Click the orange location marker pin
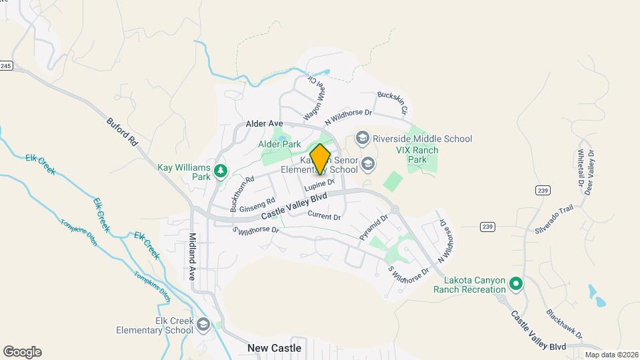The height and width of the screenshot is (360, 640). [320, 159]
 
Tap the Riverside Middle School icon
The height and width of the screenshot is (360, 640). [363, 138]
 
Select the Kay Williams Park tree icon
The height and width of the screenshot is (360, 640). [220, 173]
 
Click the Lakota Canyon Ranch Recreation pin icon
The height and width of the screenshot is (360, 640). [515, 285]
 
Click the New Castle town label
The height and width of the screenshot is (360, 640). [274, 348]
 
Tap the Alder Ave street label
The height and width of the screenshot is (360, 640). [265, 124]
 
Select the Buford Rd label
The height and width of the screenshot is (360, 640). [121, 133]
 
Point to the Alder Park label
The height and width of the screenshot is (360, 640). [279, 143]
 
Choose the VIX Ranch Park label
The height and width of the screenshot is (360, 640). [417, 155]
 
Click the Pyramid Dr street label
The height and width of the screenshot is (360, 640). [373, 227]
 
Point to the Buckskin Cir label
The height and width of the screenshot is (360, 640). [392, 101]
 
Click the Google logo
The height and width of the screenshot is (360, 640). [22, 352]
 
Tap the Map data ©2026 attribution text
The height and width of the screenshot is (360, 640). [610, 355]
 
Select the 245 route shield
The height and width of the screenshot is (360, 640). [5, 65]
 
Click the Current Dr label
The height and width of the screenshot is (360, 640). [325, 215]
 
